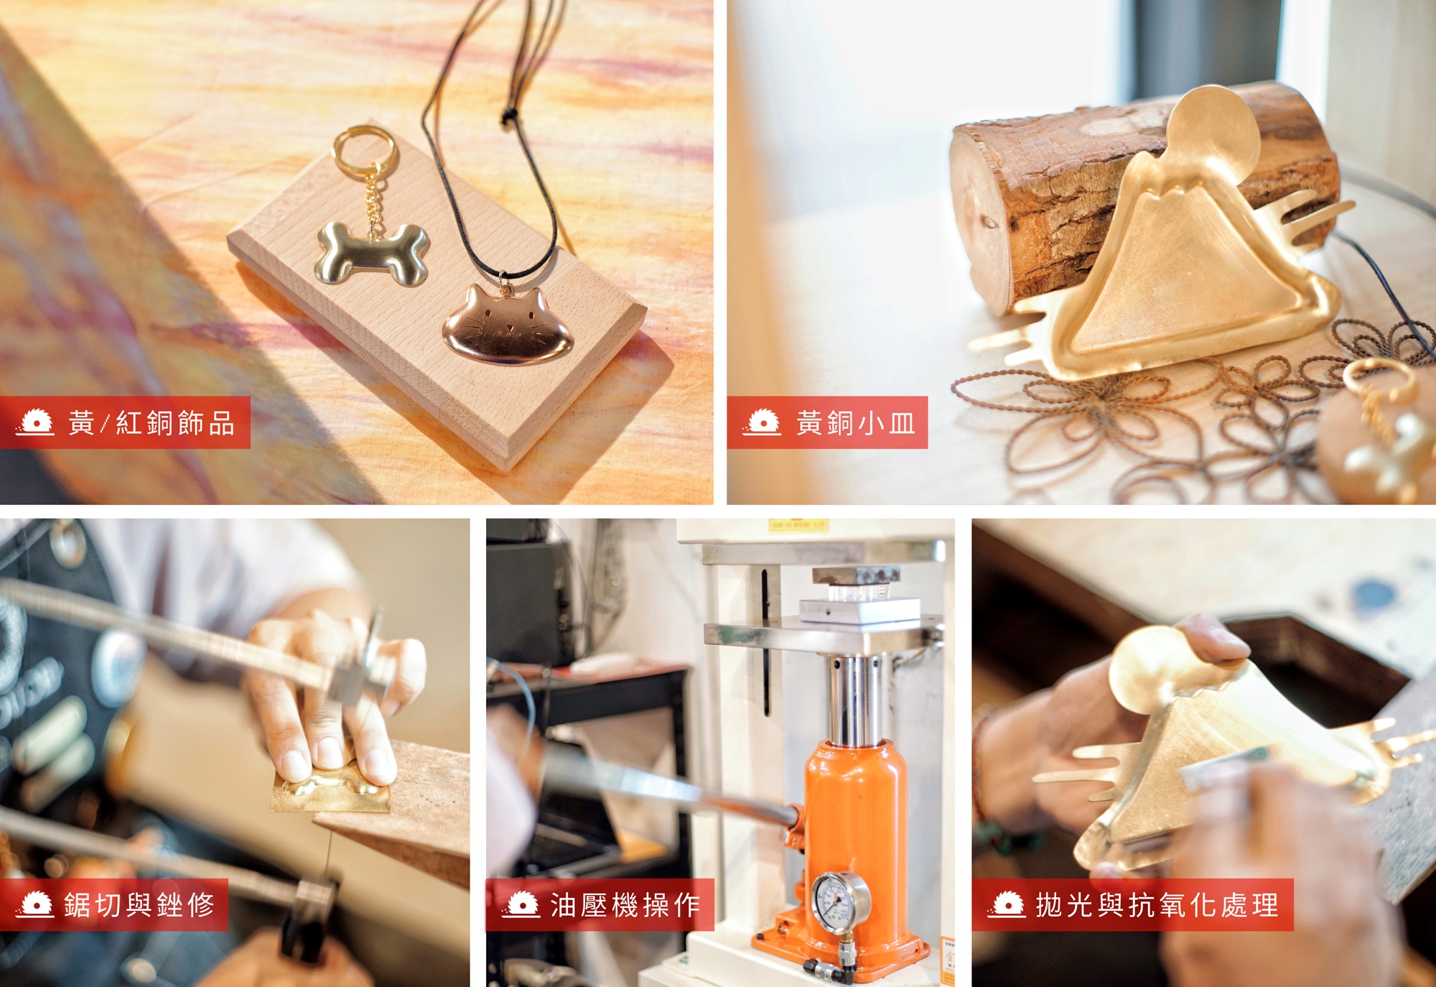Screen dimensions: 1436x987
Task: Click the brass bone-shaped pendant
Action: pos(372,253)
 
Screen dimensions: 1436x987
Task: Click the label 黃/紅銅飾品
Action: pos(151,423)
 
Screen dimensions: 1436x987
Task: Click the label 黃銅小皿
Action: pos(855,423)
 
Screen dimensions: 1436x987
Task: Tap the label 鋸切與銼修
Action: pos(139,904)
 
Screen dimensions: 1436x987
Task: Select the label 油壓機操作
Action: pos(625,905)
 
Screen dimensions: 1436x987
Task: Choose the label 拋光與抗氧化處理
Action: pos(1157,905)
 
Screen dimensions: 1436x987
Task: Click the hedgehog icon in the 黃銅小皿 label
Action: pos(761,422)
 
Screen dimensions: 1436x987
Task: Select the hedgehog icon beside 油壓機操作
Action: pos(521,904)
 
